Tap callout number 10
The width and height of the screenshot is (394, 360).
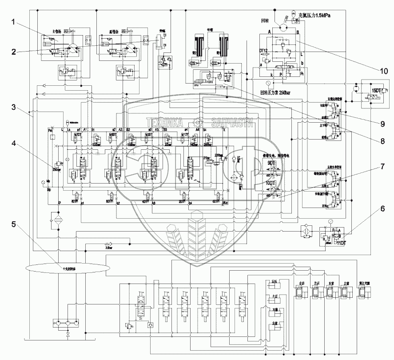(383, 70)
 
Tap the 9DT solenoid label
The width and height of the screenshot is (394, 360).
(271, 163)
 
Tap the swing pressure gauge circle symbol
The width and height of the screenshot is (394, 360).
(268, 83)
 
